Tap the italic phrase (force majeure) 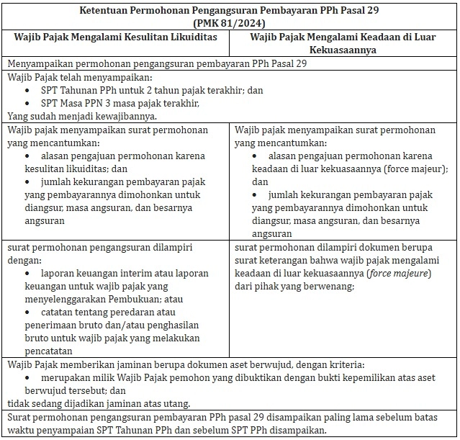click(x=398, y=273)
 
